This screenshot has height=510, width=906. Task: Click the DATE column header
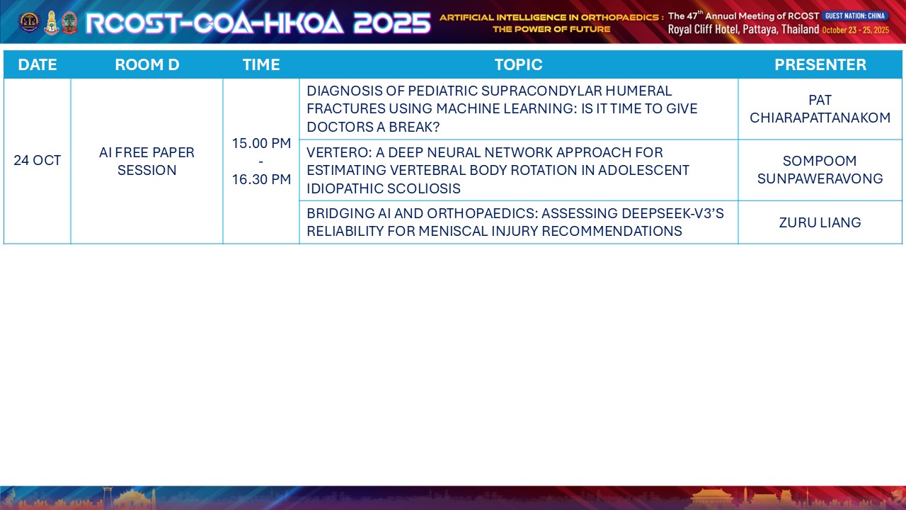coord(38,64)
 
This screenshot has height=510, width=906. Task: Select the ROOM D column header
coord(147,64)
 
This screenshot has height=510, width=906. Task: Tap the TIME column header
coord(261,64)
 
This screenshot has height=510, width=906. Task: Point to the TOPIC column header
coord(518,64)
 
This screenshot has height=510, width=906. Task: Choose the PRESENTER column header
coord(820,64)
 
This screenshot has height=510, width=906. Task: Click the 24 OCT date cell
coord(38,160)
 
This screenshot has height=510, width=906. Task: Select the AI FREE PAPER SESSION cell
coord(147,161)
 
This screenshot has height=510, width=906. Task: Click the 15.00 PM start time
coord(261,143)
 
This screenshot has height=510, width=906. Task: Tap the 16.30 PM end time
coord(261,179)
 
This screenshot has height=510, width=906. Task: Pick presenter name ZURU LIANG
coord(820,222)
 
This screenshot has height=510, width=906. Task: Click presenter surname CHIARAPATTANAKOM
coord(820,118)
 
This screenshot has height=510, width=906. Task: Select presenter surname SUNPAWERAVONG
coord(820,178)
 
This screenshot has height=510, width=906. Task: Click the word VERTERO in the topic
coord(339,152)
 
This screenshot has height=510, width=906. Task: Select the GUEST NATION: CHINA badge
coord(854,16)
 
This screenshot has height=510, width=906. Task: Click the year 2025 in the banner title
coord(392,23)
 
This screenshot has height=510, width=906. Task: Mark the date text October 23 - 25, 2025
coord(856,30)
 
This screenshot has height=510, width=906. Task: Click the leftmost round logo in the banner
coord(29,22)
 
